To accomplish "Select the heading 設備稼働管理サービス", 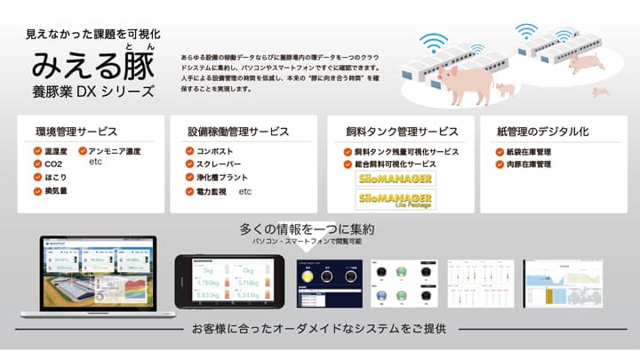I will click(237, 132).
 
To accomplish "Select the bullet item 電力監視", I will click(212, 192).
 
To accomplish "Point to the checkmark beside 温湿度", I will click(37, 151).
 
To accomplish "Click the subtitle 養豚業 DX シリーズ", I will click(92, 92).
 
